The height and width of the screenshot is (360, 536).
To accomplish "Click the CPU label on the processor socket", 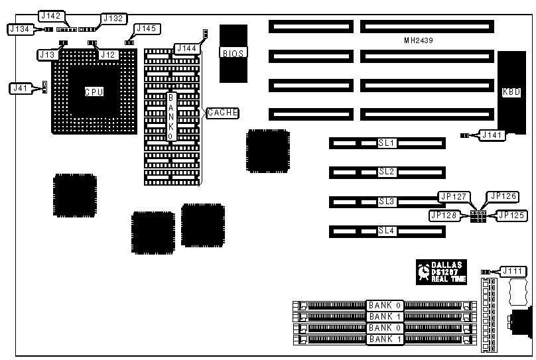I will [94, 92].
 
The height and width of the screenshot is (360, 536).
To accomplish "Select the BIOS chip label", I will [234, 53].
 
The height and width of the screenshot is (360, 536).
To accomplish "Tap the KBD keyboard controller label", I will [511, 92].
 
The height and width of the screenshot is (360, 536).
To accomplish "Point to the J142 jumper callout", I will [51, 16].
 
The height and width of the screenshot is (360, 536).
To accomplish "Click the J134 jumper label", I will [19, 29].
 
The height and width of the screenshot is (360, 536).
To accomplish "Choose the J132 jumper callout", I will [111, 19].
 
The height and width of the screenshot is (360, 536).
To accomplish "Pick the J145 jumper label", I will [145, 29].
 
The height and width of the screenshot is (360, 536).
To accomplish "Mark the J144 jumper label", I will [186, 48].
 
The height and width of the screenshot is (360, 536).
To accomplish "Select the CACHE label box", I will [223, 113].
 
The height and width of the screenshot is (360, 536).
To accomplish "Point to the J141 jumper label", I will [492, 135].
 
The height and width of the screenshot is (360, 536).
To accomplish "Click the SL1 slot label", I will [387, 143].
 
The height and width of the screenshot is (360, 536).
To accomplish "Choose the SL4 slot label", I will [387, 231].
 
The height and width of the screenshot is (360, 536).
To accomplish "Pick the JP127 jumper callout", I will [454, 196].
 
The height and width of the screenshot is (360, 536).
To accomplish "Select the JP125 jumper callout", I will [511, 215].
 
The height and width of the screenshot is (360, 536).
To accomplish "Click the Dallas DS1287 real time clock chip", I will [442, 272].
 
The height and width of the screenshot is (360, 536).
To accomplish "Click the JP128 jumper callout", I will [444, 215].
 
